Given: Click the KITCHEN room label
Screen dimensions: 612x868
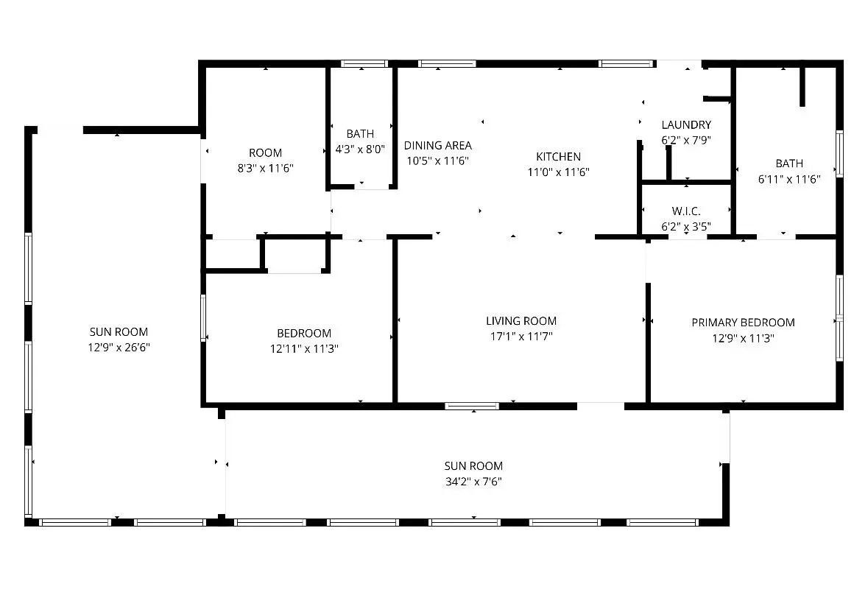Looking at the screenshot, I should click(558, 156).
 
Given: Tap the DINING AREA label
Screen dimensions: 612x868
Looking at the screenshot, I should click(437, 145).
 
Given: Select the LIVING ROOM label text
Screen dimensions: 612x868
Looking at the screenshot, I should click(521, 320).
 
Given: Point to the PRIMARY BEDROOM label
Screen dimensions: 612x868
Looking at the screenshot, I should click(743, 322).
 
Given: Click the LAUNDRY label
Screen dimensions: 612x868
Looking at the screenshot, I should click(685, 124).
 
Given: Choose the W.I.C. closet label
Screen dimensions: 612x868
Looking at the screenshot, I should click(685, 211).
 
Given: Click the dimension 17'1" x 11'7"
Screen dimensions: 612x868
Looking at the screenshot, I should click(521, 336).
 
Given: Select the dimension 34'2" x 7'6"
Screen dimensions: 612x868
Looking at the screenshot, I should click(473, 482).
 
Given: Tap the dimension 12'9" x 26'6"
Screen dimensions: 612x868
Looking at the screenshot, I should click(119, 347).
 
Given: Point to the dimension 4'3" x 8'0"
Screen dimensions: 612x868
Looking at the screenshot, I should click(360, 148).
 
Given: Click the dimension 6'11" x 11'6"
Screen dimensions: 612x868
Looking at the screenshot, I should click(788, 178).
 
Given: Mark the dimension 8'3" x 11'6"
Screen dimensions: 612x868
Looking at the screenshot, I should click(265, 168).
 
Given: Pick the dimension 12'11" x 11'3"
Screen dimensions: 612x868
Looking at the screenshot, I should click(303, 348).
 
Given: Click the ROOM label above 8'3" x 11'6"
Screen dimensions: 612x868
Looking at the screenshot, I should click(265, 152).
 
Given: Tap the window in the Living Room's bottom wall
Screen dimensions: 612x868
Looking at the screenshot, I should click(472, 405).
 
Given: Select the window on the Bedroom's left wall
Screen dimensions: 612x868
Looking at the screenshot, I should click(203, 317).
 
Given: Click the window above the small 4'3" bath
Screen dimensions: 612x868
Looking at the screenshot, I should click(364, 64).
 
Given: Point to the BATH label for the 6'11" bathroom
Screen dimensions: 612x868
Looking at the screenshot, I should click(788, 163).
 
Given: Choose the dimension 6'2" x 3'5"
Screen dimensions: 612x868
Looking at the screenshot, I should click(685, 226).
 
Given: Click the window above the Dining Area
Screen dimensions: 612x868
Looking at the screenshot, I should click(447, 64).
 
